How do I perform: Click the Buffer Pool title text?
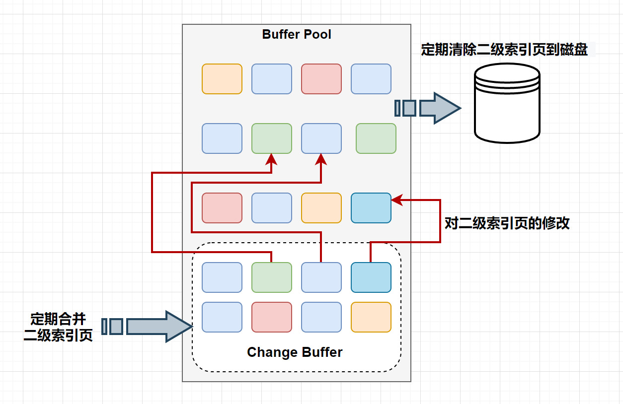[x=297, y=35]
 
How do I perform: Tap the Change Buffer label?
[x=295, y=352]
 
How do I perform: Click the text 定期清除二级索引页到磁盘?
[x=504, y=50]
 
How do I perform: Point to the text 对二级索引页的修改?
[x=507, y=223]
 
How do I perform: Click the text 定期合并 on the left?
[x=58, y=318]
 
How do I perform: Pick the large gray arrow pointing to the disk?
[x=440, y=108]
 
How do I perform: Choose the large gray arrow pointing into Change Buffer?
[x=159, y=327]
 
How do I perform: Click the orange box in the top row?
[x=222, y=79]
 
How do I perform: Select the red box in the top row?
[x=321, y=79]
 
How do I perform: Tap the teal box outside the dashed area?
[x=371, y=208]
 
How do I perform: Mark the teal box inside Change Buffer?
[x=371, y=277]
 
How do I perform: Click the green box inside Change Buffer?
[x=272, y=277]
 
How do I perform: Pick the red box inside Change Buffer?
[x=272, y=317]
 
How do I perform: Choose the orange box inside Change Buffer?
[x=371, y=317]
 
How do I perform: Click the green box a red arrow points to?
[x=272, y=138]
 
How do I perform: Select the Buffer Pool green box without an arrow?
[x=376, y=138]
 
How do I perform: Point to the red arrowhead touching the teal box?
[x=396, y=201]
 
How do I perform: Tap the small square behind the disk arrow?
[x=409, y=108]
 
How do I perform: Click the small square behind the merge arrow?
[x=116, y=327]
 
